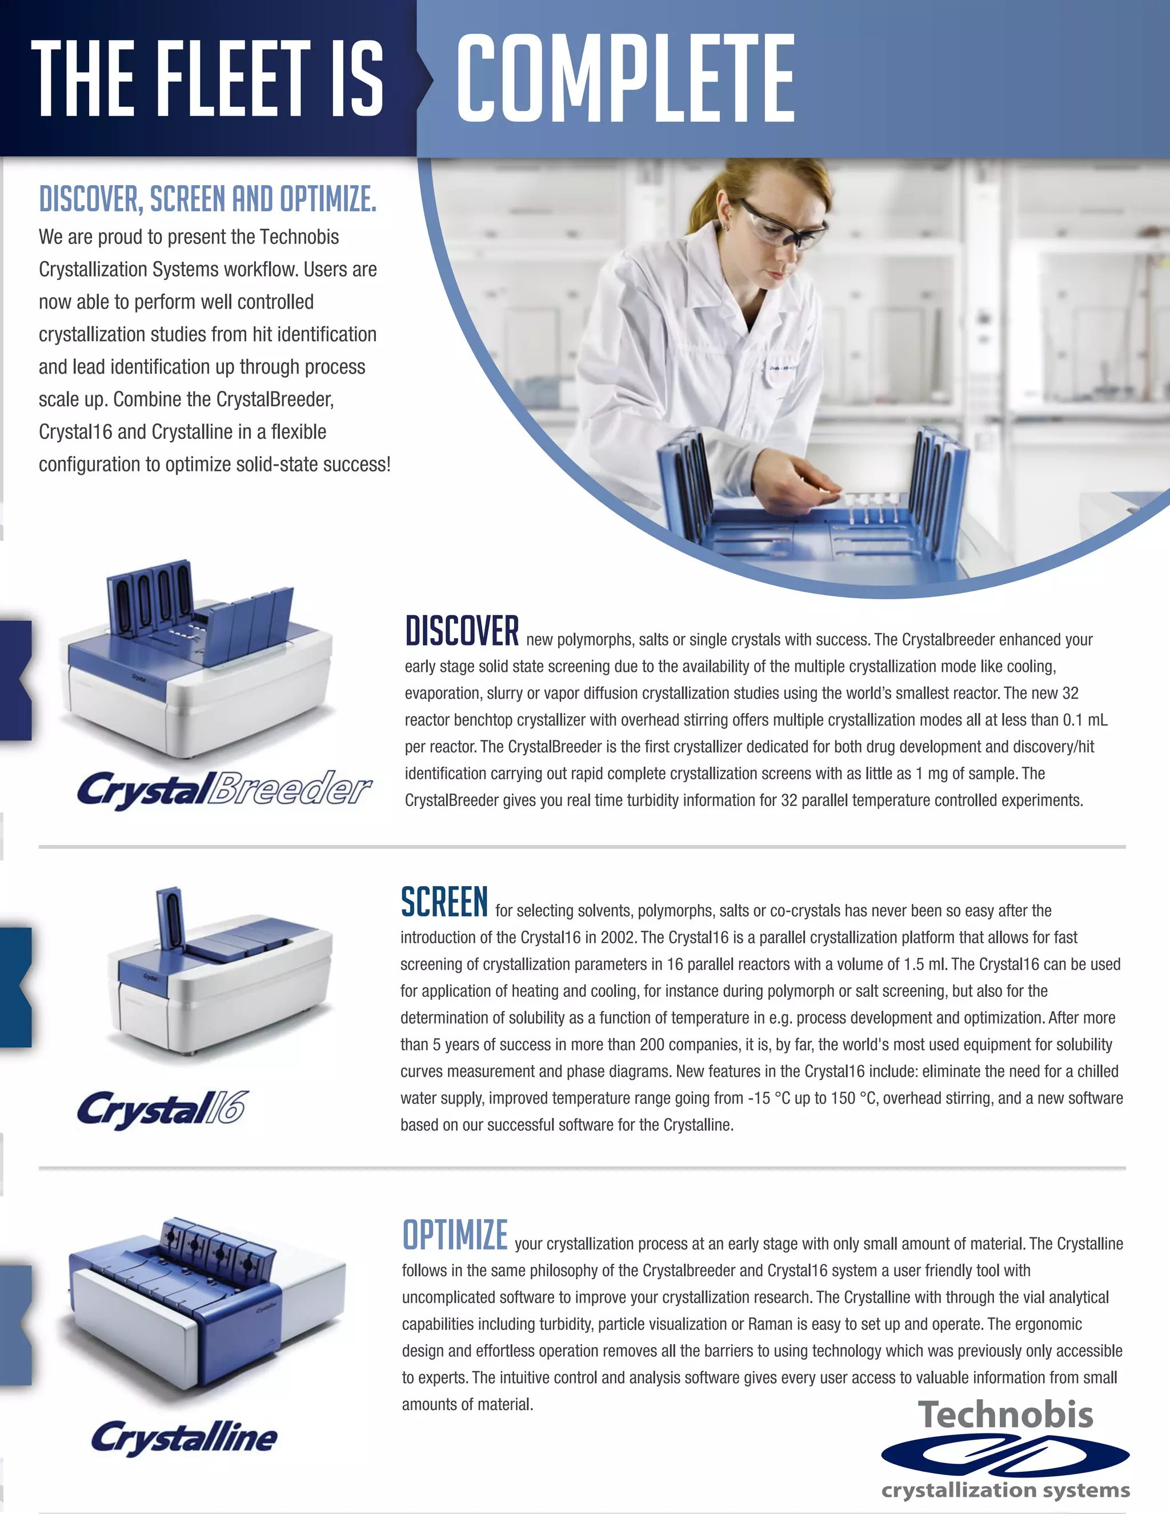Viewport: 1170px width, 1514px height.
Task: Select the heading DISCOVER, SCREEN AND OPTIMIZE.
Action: (207, 199)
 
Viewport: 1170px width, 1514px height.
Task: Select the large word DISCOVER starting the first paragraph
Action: (462, 631)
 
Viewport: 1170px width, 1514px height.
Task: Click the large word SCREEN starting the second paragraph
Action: (444, 902)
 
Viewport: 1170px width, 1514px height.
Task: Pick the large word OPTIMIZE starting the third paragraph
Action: (455, 1235)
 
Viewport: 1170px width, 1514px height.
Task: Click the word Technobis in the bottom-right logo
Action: (1005, 1415)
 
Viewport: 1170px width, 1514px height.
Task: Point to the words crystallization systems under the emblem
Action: (1005, 1490)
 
